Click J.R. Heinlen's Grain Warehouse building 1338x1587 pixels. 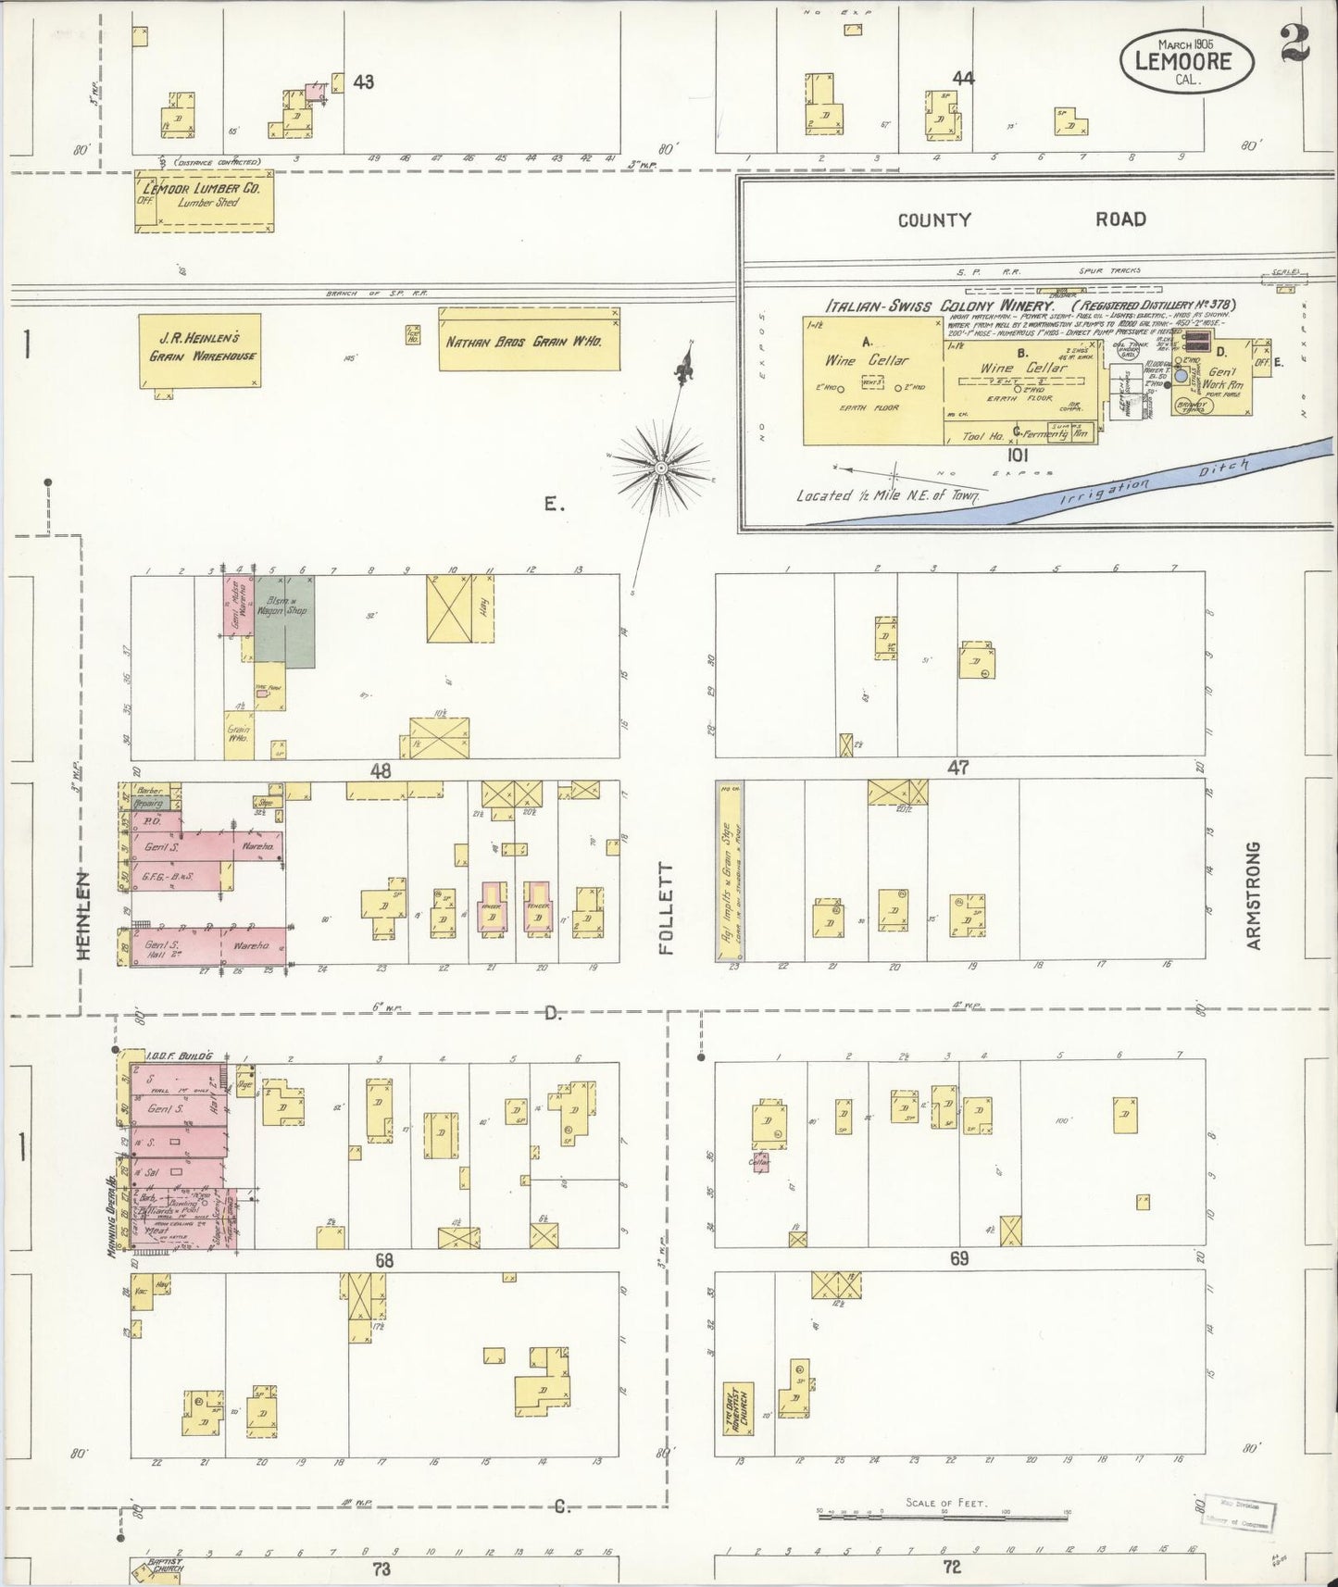[200, 350]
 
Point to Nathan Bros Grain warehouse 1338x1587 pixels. [528, 341]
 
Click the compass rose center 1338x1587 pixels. [660, 469]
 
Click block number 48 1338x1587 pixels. [380, 770]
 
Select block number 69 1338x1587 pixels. [958, 1258]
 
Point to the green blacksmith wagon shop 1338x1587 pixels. [284, 619]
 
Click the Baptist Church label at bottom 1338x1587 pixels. [165, 1566]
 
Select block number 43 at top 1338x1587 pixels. [363, 82]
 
